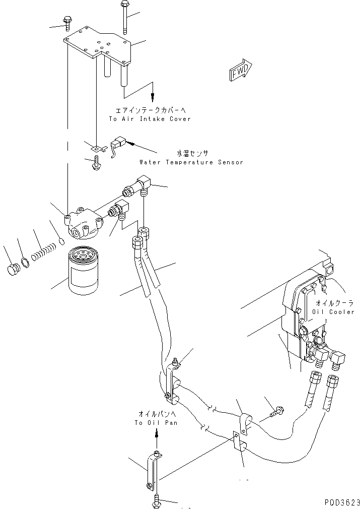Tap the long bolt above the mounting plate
(x=124, y=18)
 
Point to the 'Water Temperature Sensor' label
(x=191, y=162)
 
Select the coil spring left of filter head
(x=42, y=251)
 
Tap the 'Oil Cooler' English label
(x=335, y=312)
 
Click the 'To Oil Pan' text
(x=156, y=423)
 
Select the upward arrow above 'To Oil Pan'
(x=156, y=432)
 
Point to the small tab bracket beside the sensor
(x=97, y=148)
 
